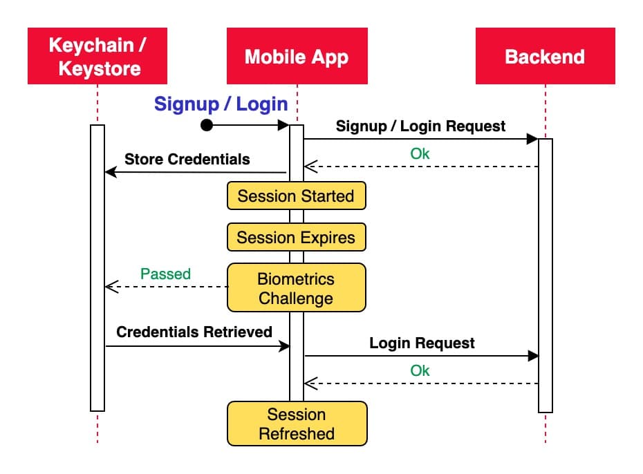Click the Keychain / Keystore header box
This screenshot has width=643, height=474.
tap(97, 56)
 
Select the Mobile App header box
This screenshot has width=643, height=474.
tap(297, 56)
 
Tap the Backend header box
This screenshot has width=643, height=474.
tap(545, 56)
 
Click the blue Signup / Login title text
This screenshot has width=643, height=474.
tap(221, 104)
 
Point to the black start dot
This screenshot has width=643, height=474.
tap(206, 125)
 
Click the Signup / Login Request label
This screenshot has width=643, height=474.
tap(420, 126)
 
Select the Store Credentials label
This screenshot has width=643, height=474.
tap(187, 160)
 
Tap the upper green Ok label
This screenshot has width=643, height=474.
tap(420, 153)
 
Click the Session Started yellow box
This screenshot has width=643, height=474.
tap(296, 196)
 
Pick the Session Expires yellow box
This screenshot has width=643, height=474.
tap(296, 238)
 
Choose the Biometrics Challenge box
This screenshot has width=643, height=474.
tap(296, 289)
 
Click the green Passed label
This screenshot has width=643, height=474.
tap(165, 274)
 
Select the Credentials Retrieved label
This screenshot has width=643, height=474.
tap(194, 332)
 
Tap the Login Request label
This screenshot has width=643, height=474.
tap(422, 343)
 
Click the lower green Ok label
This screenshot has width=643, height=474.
tap(420, 370)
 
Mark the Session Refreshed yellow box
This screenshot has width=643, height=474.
tap(297, 424)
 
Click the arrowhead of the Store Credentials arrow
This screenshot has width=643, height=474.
tap(110, 173)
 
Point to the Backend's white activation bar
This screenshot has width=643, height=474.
tap(546, 276)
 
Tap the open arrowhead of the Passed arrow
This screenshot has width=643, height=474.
tap(110, 287)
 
